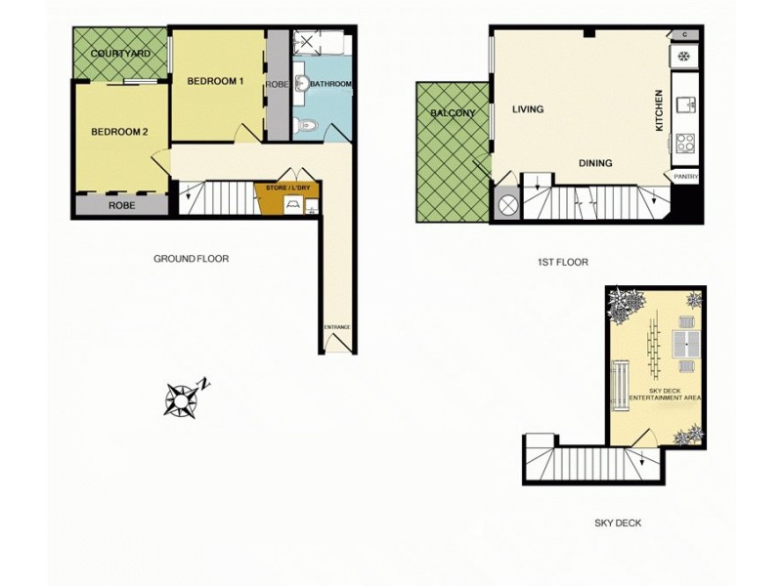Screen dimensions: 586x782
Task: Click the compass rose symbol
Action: (x=183, y=398)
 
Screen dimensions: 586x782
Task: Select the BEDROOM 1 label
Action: (x=215, y=81)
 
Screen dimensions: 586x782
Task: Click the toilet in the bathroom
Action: (x=305, y=123)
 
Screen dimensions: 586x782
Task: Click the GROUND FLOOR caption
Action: (x=191, y=259)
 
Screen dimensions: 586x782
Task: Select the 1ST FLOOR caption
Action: (x=563, y=262)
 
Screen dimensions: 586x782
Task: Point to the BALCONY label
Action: (x=453, y=113)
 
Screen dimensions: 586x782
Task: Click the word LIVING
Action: (x=528, y=109)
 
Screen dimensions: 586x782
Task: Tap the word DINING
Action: (x=594, y=163)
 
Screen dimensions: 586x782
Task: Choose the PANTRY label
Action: (x=684, y=176)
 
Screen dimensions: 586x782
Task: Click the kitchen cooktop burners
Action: (x=685, y=143)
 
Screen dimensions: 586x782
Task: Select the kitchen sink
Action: (x=688, y=104)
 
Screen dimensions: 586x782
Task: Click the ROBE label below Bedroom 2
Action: (x=121, y=206)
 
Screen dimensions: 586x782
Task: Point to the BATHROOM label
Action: (x=331, y=85)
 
